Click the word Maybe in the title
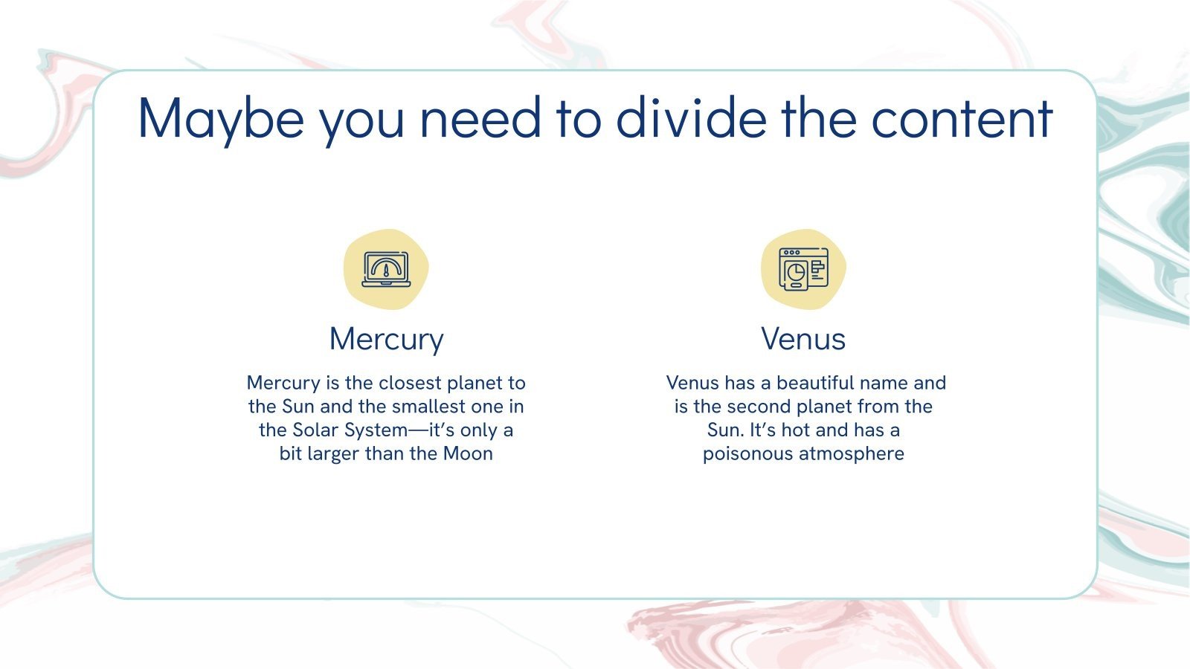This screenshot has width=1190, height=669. click(x=221, y=119)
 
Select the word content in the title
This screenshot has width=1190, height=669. click(x=962, y=119)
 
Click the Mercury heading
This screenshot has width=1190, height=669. click(x=386, y=339)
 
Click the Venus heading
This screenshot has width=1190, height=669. click(x=803, y=339)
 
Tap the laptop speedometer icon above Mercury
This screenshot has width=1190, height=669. click(x=385, y=269)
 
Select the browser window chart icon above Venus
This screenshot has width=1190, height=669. click(x=803, y=269)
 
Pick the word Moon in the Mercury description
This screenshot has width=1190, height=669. click(x=468, y=453)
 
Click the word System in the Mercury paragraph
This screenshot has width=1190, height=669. click(x=376, y=430)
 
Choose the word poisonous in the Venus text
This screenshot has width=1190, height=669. click(x=747, y=453)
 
